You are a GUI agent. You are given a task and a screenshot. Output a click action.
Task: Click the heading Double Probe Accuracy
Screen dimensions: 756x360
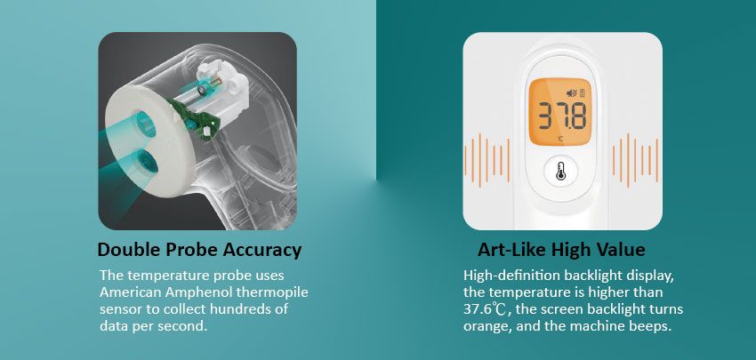click(x=199, y=250)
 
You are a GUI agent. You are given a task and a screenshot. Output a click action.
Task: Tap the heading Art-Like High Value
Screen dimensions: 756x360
click(x=561, y=250)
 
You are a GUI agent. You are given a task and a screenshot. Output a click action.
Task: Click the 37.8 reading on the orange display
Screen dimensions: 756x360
click(x=562, y=116)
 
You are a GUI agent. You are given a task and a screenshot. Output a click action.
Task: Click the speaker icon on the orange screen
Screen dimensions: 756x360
click(x=571, y=93)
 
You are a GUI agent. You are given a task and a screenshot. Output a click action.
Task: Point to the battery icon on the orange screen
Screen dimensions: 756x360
click(x=582, y=93)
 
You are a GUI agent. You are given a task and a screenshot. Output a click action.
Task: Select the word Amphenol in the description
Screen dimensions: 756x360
click(x=199, y=293)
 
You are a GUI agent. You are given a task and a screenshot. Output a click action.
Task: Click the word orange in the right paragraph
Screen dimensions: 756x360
click(x=486, y=326)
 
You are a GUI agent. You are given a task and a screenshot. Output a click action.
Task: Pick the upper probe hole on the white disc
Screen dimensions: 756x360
click(x=145, y=123)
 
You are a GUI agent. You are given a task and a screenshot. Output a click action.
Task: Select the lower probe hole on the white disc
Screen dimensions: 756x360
click(x=147, y=162)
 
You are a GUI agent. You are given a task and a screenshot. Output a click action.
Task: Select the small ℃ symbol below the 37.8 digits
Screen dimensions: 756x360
click(x=560, y=139)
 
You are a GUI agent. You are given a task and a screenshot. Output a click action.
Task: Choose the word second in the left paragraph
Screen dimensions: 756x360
click(x=181, y=326)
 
